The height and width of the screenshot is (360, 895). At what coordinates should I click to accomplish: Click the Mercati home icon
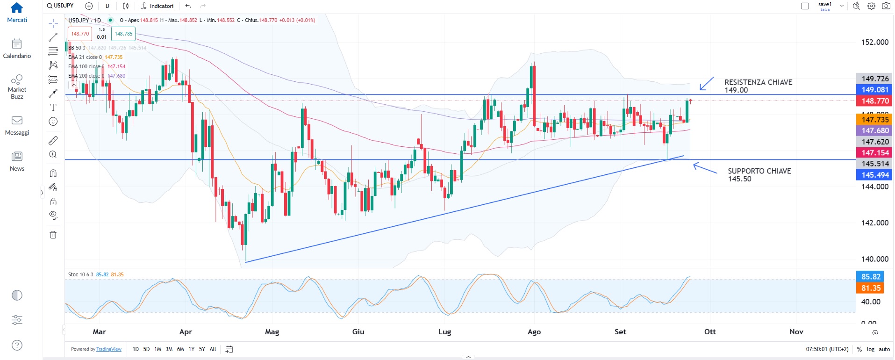click(x=17, y=8)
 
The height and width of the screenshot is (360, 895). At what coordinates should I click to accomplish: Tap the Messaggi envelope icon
click(x=17, y=121)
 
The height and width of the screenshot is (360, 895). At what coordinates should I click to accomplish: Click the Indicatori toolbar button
click(x=158, y=6)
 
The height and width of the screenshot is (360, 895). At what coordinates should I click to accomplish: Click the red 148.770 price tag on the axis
click(x=875, y=101)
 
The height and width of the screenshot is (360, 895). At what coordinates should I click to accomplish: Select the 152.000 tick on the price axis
click(x=875, y=42)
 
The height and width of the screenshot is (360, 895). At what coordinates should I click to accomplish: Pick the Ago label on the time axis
click(x=534, y=331)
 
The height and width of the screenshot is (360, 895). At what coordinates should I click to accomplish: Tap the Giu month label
click(x=358, y=331)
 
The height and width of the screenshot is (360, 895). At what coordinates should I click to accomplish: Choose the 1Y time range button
click(x=191, y=349)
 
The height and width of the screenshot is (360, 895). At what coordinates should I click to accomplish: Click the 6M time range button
click(x=180, y=349)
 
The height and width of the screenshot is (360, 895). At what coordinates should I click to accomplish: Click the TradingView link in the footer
click(x=109, y=349)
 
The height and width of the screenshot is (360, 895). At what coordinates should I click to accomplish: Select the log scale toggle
click(x=870, y=349)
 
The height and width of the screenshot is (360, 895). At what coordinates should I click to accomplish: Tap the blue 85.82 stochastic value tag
click(x=871, y=277)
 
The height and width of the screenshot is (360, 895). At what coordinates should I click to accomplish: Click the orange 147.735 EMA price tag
click(x=875, y=120)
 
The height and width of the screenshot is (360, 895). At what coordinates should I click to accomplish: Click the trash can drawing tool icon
click(x=53, y=235)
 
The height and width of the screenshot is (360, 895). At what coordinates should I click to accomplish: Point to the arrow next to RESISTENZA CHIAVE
click(x=706, y=84)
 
